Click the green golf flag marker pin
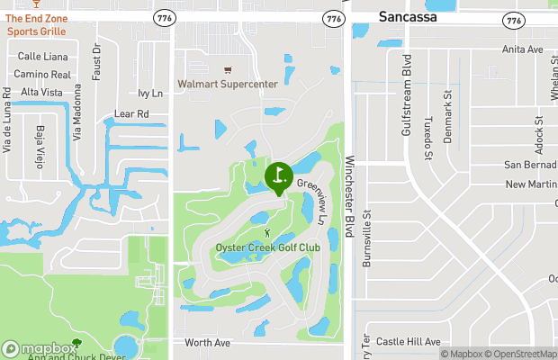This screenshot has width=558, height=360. (x=278, y=175)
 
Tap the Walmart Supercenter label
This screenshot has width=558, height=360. (x=227, y=84)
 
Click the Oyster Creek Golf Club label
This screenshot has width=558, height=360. (x=267, y=248)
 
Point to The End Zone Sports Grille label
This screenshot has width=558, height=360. (x=37, y=24)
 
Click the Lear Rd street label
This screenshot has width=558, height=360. (x=131, y=114)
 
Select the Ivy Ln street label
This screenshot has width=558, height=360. (x=150, y=93)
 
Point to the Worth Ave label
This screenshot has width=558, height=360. (x=207, y=343)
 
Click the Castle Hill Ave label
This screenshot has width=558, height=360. (x=408, y=342)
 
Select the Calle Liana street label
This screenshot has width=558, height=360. (x=42, y=57)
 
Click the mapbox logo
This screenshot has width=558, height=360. (x=40, y=348)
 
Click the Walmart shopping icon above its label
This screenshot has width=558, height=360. (x=227, y=70)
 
